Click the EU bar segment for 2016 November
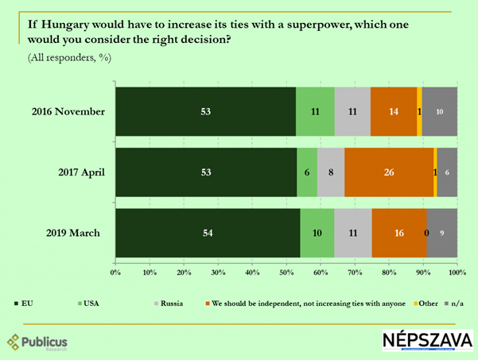pyautogui.click(x=205, y=112)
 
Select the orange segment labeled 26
pyautogui.click(x=389, y=172)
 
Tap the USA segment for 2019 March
pyautogui.click(x=317, y=233)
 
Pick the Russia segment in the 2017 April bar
pyautogui.click(x=331, y=172)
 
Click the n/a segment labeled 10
pyautogui.click(x=439, y=112)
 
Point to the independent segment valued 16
pyautogui.click(x=398, y=233)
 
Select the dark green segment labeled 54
pyautogui.click(x=208, y=233)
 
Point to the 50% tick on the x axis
pyautogui.click(x=286, y=273)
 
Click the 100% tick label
pyautogui.click(x=457, y=273)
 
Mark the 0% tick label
pyautogui.click(x=116, y=273)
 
